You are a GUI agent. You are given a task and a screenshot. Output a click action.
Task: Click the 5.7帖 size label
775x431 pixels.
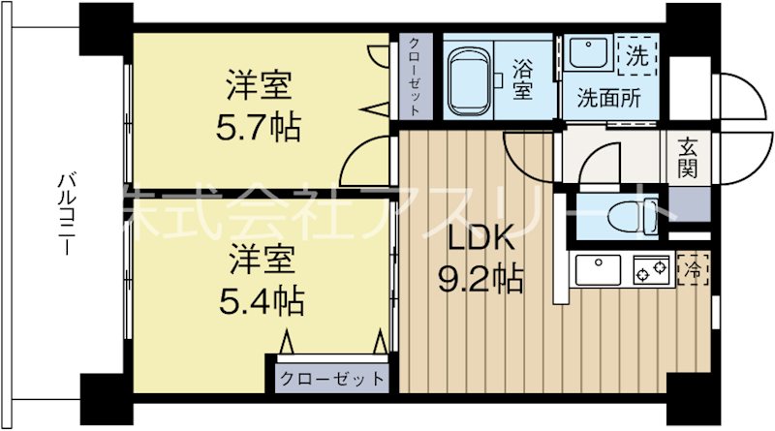point(259,127)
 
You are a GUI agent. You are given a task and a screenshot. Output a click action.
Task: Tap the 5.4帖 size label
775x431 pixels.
point(259,300)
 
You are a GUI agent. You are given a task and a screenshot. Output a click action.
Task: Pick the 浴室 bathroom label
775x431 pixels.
point(523,80)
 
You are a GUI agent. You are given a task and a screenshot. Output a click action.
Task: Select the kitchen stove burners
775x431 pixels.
point(649,268)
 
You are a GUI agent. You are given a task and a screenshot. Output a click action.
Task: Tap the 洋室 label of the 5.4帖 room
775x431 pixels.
point(259,261)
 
